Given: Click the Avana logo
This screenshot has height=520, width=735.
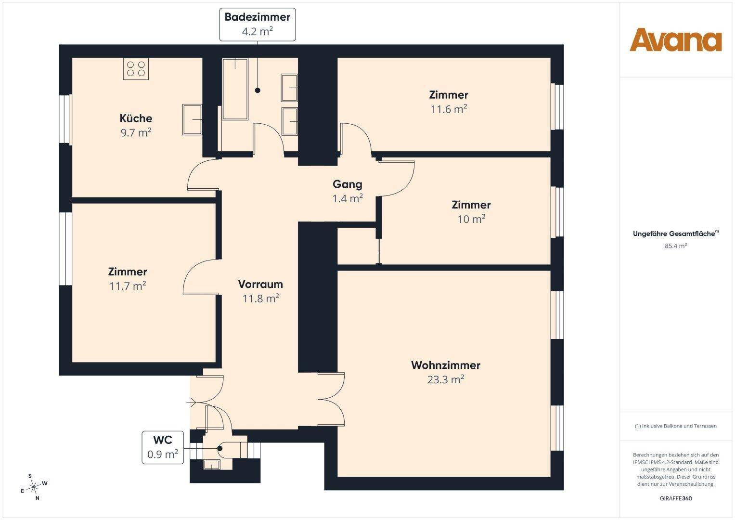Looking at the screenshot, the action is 675,39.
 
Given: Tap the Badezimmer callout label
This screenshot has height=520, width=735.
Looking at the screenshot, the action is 257,25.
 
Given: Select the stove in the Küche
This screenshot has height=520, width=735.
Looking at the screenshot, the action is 136,68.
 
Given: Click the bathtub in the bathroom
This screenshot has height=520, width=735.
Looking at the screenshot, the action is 235,89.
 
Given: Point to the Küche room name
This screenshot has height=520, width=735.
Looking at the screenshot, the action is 136,118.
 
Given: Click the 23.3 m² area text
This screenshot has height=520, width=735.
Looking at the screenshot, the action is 446,379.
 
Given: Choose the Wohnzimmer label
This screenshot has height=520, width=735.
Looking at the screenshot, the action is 446,365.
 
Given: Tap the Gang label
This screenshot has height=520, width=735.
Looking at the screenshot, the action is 348,184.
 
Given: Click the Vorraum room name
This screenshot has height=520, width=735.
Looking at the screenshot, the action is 260,284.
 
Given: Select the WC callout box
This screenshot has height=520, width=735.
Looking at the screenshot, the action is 163,447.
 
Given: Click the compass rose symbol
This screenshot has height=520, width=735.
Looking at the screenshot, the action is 34,487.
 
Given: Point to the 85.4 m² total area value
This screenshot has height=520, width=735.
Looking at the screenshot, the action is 676,246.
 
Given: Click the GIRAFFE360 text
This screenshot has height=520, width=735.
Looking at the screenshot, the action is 676,498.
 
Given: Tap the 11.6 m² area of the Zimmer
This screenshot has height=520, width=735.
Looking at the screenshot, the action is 449,109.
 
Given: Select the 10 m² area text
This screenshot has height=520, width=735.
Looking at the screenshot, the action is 472,219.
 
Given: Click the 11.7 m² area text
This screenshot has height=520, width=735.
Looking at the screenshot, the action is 128,286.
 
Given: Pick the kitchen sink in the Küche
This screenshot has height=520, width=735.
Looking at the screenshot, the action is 192,119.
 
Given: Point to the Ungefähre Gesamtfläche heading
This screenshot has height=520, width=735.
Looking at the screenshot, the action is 676,234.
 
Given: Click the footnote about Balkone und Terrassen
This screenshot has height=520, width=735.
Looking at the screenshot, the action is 676,426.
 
